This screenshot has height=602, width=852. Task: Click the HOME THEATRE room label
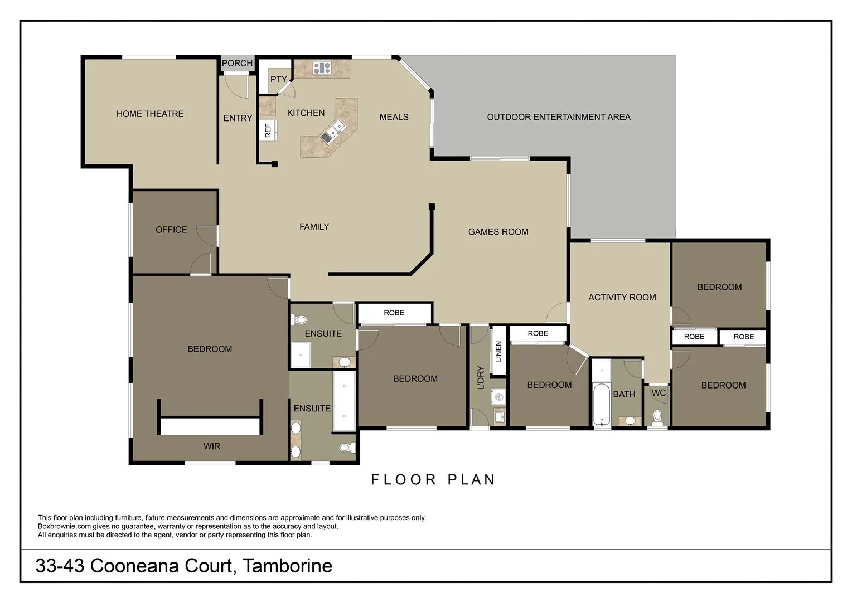click(x=150, y=114)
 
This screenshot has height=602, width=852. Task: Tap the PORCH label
click(x=237, y=63)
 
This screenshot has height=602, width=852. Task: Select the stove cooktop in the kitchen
click(x=322, y=68)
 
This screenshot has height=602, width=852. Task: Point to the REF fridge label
click(x=268, y=130)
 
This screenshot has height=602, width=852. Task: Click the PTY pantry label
click(x=278, y=79)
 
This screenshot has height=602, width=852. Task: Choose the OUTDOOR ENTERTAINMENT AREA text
click(x=559, y=117)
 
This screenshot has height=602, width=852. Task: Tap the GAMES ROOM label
click(x=498, y=232)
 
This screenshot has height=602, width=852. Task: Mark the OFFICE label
click(x=171, y=230)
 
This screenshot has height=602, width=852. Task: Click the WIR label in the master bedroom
click(x=212, y=446)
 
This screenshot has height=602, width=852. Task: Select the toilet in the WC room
click(x=657, y=416)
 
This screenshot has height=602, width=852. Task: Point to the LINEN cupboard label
click(x=498, y=351)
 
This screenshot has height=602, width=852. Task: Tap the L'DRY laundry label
click(x=481, y=377)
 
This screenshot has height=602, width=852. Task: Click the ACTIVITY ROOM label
click(x=622, y=298)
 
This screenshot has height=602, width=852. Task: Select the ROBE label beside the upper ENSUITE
click(x=394, y=313)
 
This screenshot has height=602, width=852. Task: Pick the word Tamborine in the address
click(x=288, y=566)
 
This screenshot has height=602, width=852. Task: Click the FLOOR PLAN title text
click(x=433, y=480)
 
